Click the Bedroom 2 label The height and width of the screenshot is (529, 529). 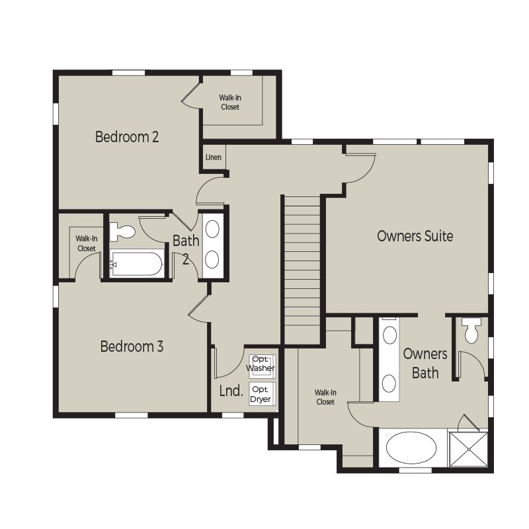[127, 137]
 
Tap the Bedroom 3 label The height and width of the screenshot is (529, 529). [132, 346]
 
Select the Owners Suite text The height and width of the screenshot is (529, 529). [415, 236]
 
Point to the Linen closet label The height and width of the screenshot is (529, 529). [213, 157]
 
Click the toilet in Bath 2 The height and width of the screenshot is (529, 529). [122, 232]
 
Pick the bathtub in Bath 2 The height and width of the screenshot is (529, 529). [137, 264]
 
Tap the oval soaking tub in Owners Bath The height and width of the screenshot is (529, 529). [411, 448]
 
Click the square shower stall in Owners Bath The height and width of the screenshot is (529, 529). [469, 450]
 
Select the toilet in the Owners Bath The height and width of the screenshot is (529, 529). [471, 331]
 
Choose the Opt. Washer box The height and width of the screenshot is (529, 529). [262, 366]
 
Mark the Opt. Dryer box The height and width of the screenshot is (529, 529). [262, 393]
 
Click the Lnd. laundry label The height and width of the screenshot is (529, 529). [231, 391]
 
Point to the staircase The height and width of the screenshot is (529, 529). [302, 270]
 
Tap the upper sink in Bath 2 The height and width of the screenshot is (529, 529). [212, 229]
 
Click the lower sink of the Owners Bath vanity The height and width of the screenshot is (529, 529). [389, 384]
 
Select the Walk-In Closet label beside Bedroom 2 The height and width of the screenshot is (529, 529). [230, 102]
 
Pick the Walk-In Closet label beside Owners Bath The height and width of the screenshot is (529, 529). [325, 397]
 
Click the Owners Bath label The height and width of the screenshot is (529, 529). [425, 363]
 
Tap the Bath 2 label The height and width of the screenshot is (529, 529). [186, 250]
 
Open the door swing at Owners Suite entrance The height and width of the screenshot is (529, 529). [361, 169]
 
